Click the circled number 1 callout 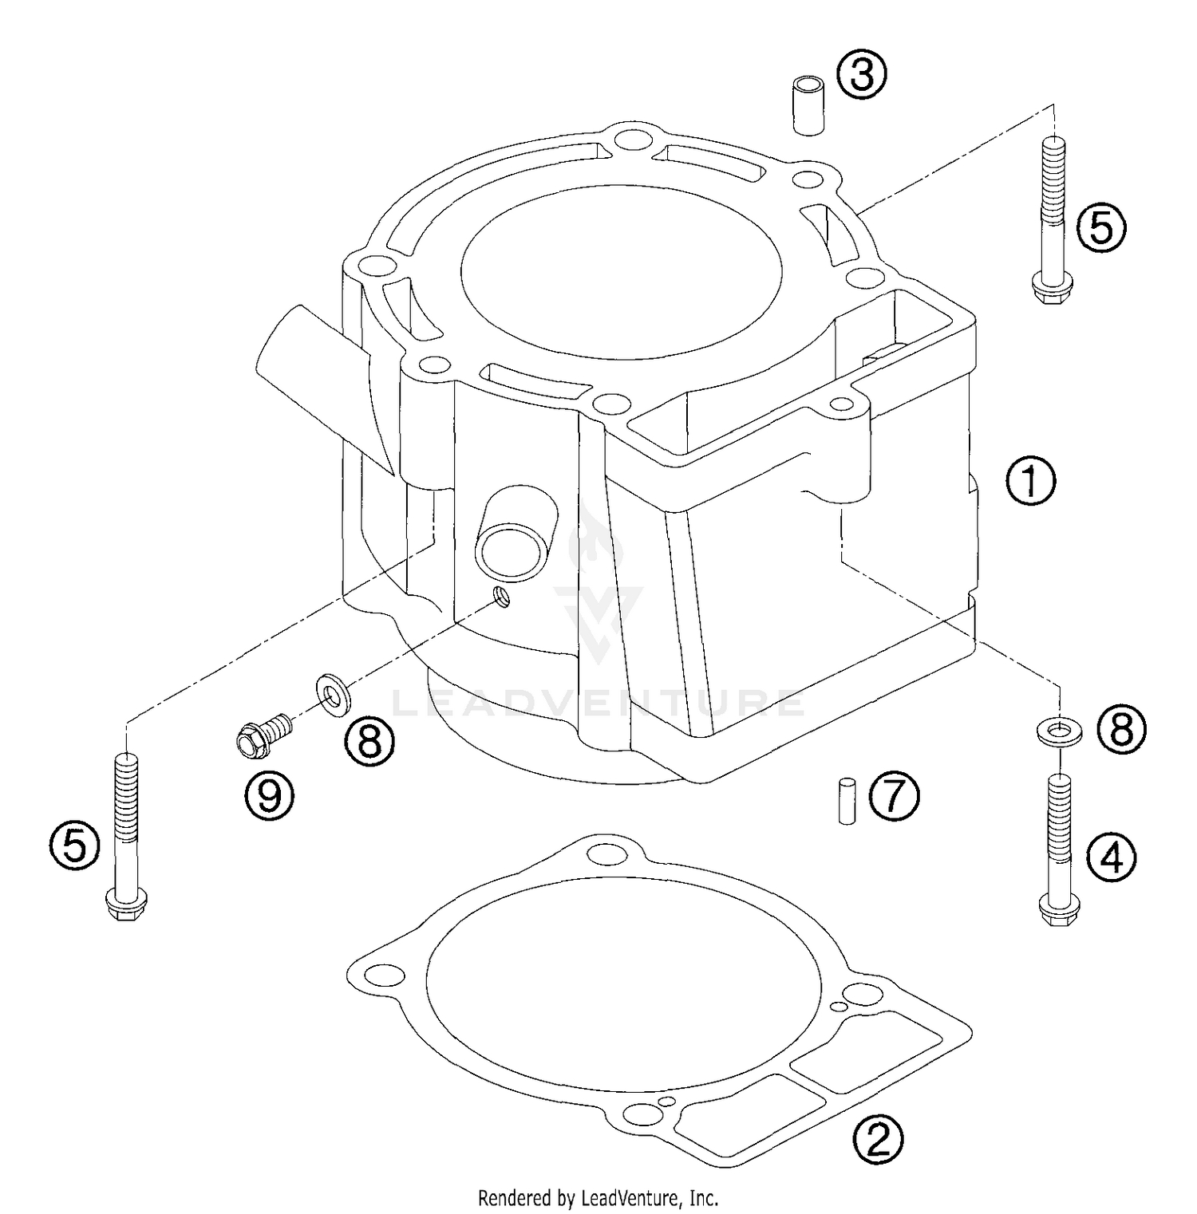point(1030,481)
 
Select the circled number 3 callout point(861,77)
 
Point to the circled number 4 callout point(1112,858)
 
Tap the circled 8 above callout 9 point(369,741)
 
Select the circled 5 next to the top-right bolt point(1100,228)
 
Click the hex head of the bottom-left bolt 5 point(124,908)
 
